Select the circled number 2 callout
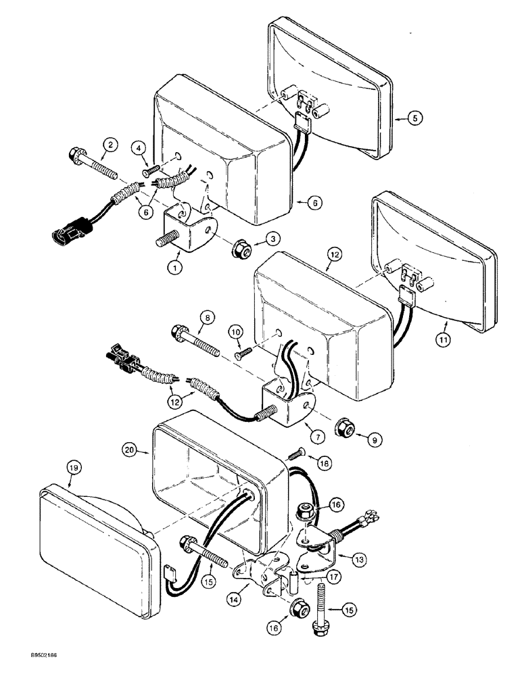(x=109, y=143)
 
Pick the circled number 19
(x=72, y=466)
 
